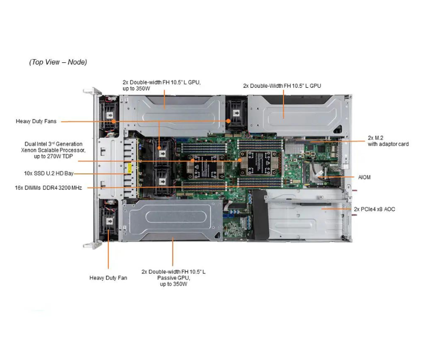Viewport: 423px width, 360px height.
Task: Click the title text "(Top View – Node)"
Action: [x=58, y=62]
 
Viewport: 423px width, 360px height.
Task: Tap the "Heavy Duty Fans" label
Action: [x=36, y=121]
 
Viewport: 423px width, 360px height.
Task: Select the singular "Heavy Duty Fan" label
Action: [x=108, y=278]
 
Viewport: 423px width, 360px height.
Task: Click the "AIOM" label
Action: [x=364, y=177]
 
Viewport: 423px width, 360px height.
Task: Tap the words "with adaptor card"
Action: [x=388, y=144]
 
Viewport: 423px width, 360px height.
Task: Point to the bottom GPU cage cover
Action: [x=173, y=220]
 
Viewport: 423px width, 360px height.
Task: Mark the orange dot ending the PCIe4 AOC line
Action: [x=322, y=209]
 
